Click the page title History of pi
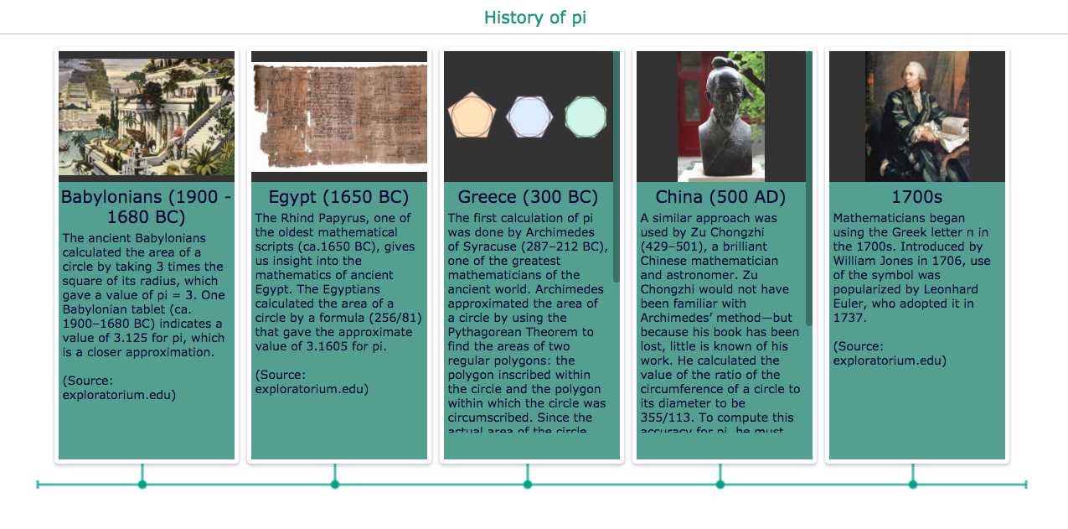pyautogui.click(x=534, y=18)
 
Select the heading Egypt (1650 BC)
pyautogui.click(x=338, y=197)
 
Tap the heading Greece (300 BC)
pyautogui.click(x=528, y=197)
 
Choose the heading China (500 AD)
pyautogui.click(x=720, y=197)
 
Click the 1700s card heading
pyautogui.click(x=916, y=197)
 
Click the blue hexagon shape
pyautogui.click(x=529, y=117)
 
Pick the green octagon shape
pyautogui.click(x=586, y=117)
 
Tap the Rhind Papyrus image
pyautogui.click(x=339, y=115)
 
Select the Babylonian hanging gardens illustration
pyautogui.click(x=147, y=117)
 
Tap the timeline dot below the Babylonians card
pyautogui.click(x=142, y=485)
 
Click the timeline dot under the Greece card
pyautogui.click(x=528, y=485)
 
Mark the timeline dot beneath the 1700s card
pyautogui.click(x=913, y=485)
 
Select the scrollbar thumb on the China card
pyautogui.click(x=809, y=188)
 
